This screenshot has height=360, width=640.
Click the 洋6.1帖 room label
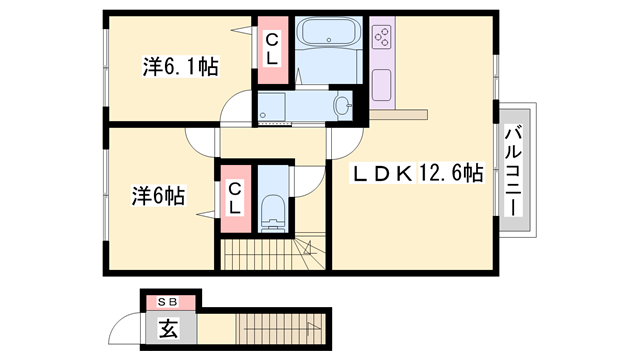181,67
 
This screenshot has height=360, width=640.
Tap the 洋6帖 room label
159,195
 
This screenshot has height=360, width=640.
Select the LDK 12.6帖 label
416,173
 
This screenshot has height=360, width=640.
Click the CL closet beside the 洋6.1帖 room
271,48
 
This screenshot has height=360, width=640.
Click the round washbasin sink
344,105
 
